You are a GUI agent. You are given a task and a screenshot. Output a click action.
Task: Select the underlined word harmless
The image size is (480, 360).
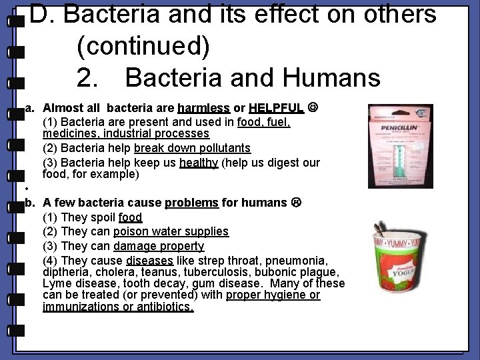pos(204,108)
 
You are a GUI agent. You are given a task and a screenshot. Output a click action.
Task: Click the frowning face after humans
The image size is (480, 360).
pos(296,203)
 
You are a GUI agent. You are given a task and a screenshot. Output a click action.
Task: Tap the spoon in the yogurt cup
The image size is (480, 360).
pos(383,231)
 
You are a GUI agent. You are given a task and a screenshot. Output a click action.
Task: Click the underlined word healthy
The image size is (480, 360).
pos(199,163)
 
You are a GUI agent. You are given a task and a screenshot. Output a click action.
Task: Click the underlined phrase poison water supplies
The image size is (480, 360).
pos(171,231)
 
